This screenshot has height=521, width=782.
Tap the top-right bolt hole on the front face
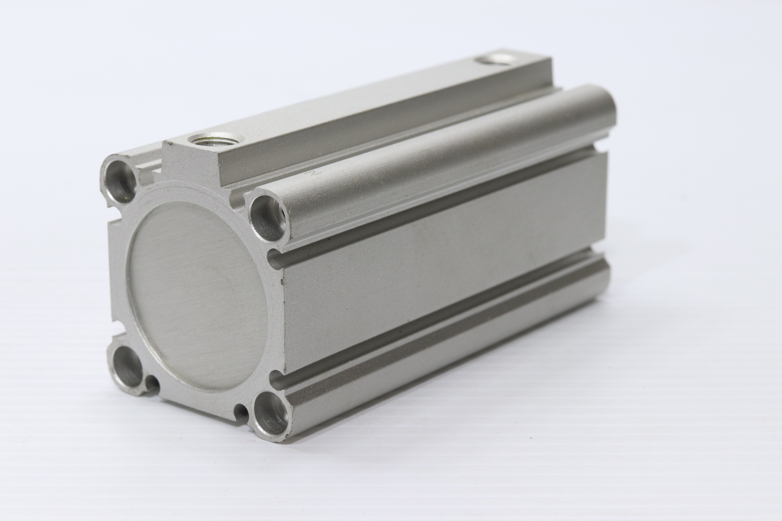click(x=268, y=218)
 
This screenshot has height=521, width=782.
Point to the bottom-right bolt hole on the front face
click(x=272, y=413)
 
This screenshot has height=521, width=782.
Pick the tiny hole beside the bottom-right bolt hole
click(x=241, y=411)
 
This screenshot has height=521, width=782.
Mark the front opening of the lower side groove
click(x=277, y=379)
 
